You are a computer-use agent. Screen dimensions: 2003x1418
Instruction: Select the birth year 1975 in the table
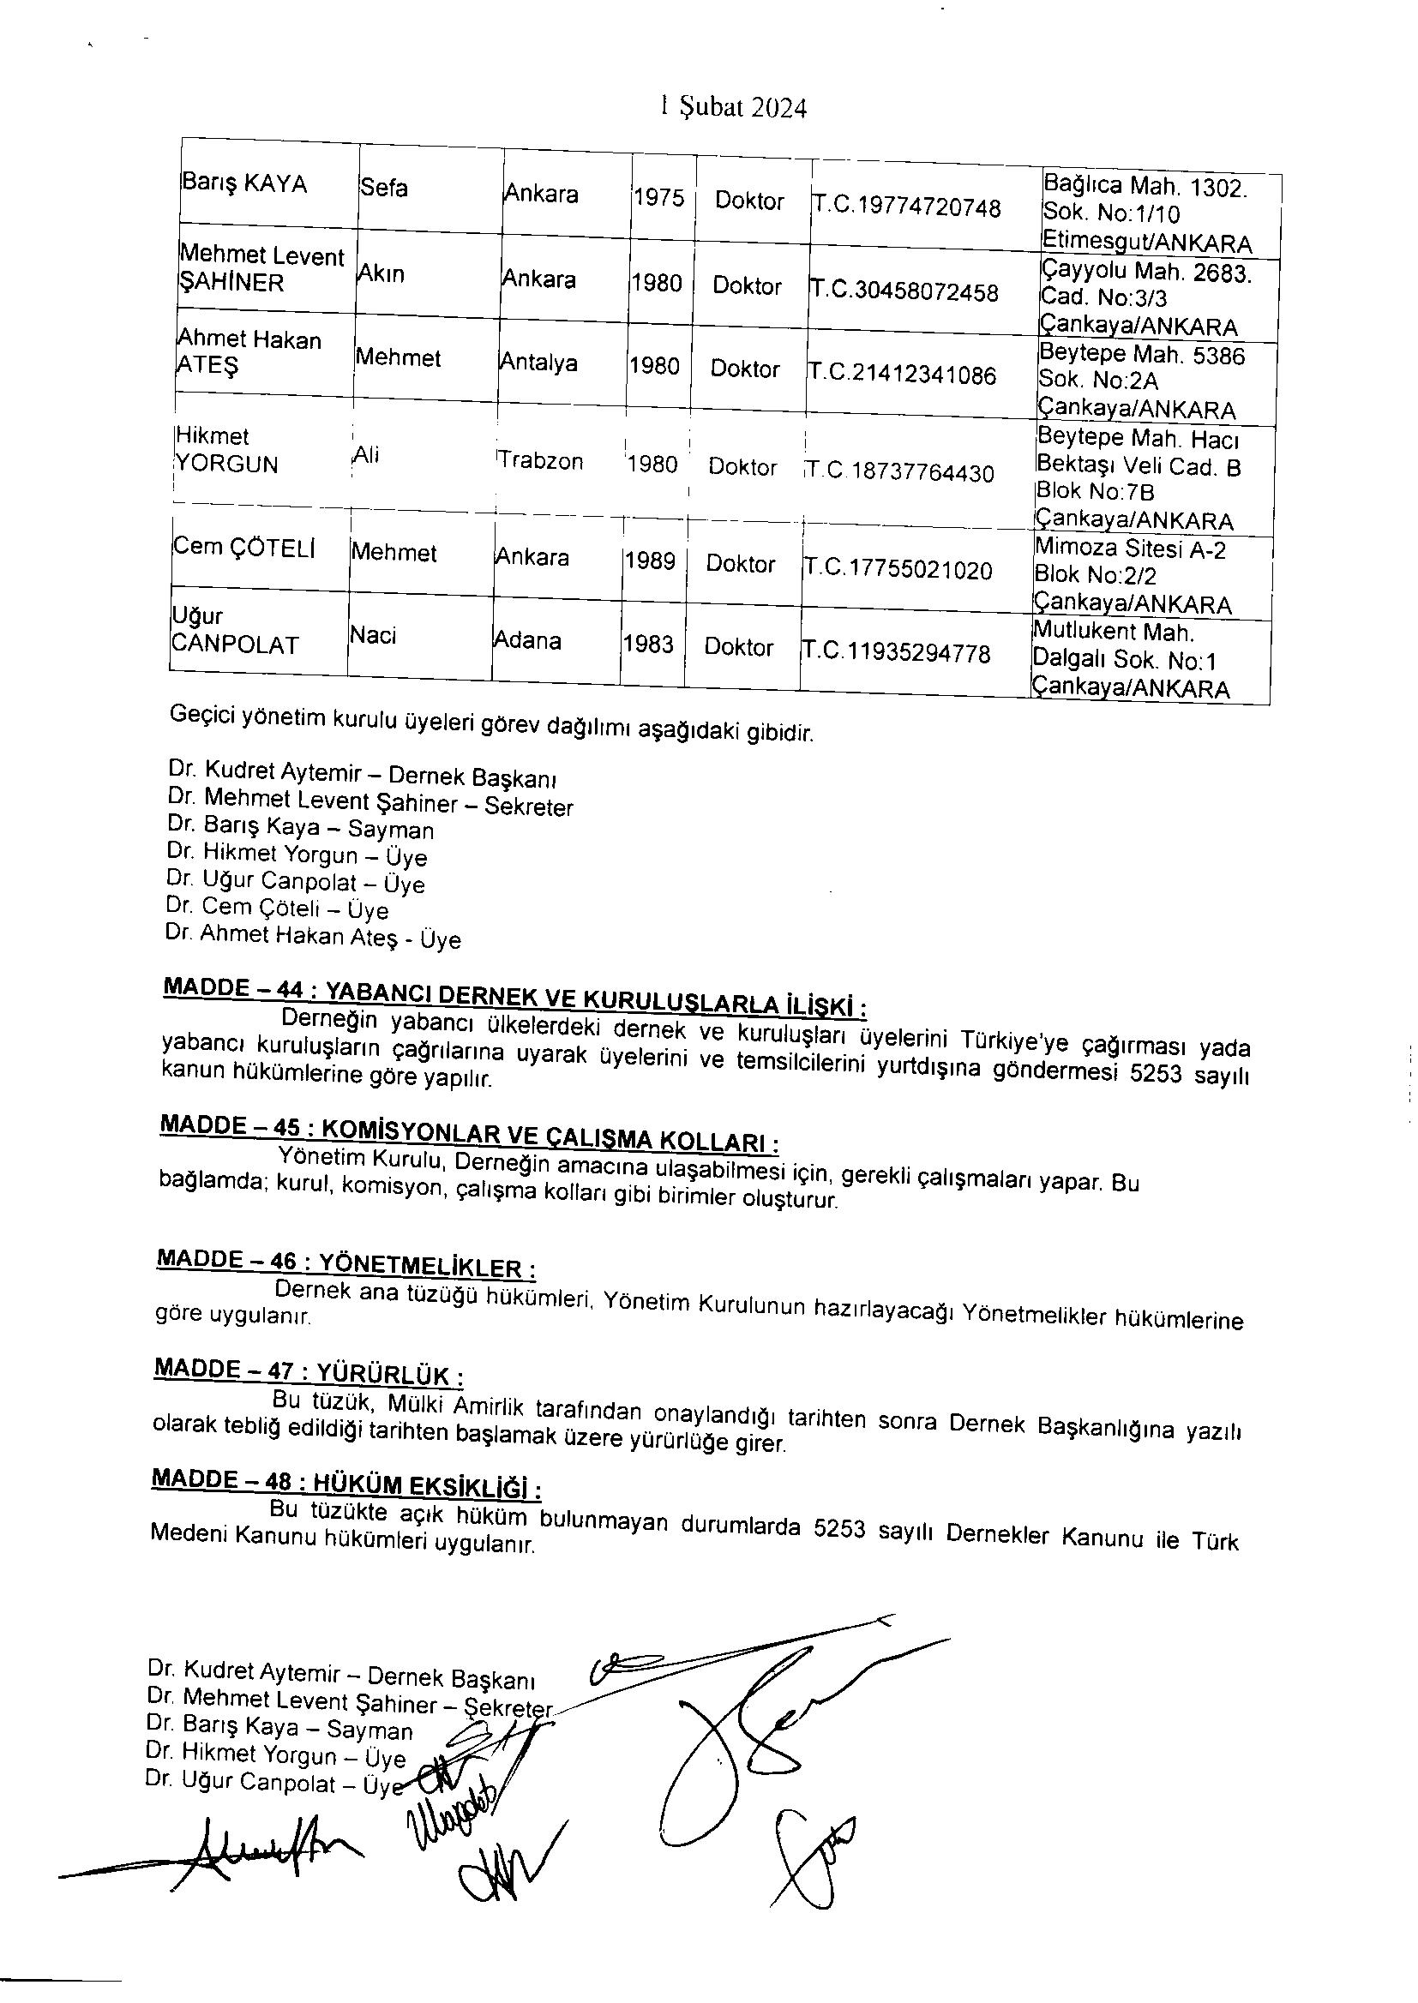coord(659,198)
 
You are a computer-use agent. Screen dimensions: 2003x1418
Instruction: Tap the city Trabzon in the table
coord(540,460)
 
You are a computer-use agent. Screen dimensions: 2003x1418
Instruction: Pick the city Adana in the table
coord(527,640)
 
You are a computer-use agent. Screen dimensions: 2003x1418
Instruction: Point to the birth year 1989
coord(650,561)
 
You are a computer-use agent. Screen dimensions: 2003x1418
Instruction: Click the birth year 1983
coord(648,645)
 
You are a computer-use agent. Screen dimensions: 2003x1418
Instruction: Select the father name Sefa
coord(384,188)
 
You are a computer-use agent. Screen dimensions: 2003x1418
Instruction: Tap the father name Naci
coord(373,635)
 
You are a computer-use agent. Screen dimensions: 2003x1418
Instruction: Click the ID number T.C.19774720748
coord(907,207)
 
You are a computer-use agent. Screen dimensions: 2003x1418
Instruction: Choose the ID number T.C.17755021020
coord(898,570)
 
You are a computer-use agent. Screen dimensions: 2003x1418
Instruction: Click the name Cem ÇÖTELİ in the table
coord(243,548)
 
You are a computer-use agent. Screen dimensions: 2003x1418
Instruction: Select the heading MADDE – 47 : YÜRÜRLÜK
coord(308,1371)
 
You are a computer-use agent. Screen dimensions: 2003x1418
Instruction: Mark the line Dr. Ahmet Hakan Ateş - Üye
coord(313,937)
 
